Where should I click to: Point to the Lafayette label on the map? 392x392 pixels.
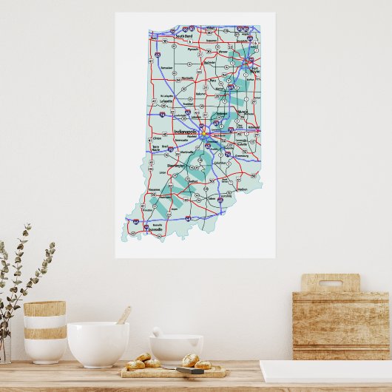[x=165, y=102]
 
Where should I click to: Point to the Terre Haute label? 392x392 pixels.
[x=156, y=148]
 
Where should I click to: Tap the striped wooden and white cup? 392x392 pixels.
[x=44, y=331]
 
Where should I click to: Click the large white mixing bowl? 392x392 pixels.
[x=98, y=344]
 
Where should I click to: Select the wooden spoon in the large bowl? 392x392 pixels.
[x=123, y=316]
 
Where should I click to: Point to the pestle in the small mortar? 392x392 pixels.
[x=158, y=334]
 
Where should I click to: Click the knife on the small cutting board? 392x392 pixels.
[x=194, y=369]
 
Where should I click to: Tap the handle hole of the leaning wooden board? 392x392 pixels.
[x=330, y=281]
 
